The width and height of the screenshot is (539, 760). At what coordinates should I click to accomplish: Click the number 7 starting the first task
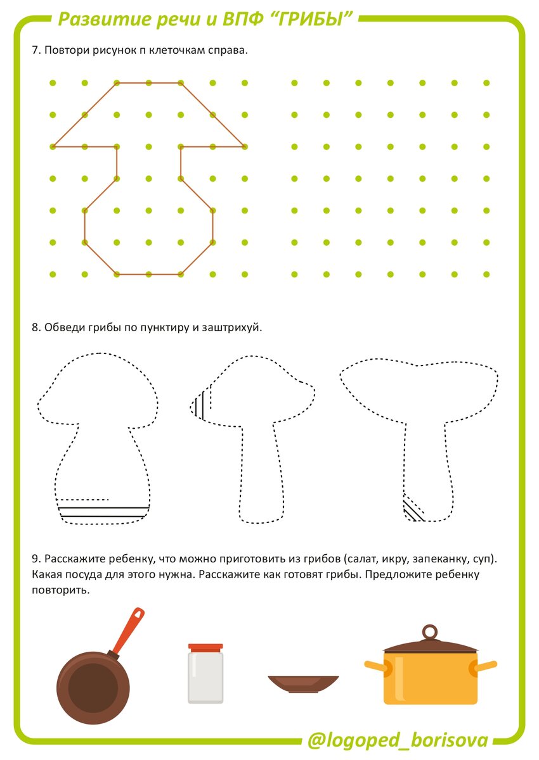(x=36, y=50)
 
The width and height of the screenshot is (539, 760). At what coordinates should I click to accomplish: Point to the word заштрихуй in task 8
(x=232, y=328)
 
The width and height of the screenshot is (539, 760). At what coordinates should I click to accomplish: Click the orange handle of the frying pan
(x=127, y=630)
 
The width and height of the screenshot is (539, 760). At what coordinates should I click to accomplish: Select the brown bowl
(x=303, y=684)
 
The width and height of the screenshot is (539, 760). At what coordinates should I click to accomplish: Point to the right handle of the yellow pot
(x=484, y=666)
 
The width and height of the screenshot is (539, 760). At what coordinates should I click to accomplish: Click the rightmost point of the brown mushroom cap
(x=245, y=146)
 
